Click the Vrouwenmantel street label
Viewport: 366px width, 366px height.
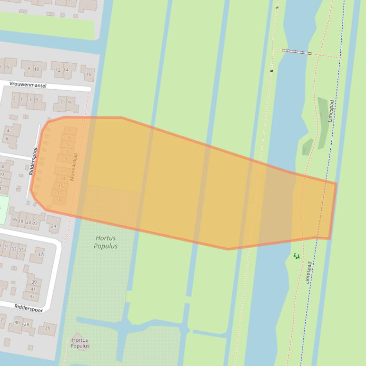coord(28,85)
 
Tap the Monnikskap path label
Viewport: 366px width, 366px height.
coord(73,166)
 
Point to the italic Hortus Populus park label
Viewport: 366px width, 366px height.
coord(106,242)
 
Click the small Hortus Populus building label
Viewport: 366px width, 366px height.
coord(79,343)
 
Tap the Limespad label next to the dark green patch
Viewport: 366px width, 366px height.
coord(331,111)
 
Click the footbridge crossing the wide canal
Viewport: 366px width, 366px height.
coord(297,51)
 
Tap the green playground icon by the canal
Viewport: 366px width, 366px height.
coord(297,256)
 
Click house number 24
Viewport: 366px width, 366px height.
coord(53,226)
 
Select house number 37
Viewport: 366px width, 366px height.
coord(40,254)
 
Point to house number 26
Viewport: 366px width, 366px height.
coord(47,328)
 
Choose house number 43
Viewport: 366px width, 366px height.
coord(32,296)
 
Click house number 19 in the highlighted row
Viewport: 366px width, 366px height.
coord(59,200)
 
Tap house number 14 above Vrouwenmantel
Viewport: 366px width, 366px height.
coord(66,70)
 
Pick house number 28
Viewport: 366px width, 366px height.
coord(26,324)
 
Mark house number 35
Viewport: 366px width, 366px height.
coord(21,250)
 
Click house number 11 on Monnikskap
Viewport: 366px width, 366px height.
coord(64,171)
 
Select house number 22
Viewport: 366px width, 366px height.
coord(35,222)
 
